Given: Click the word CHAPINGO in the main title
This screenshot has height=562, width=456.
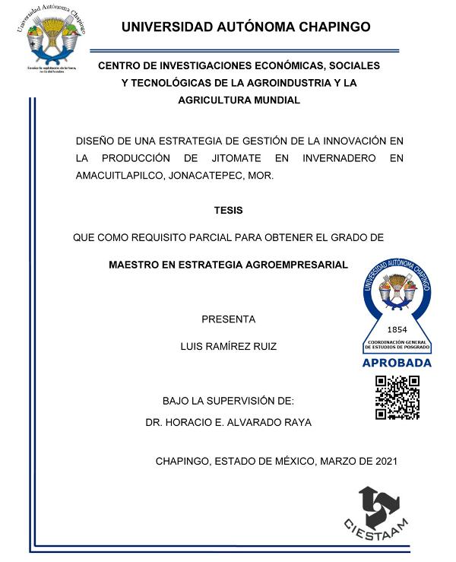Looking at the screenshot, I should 328,27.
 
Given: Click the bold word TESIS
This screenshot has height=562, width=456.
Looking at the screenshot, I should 228,211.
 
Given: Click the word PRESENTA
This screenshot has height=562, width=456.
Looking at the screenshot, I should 228,319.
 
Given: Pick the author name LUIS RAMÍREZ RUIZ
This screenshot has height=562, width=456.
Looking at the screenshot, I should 228,346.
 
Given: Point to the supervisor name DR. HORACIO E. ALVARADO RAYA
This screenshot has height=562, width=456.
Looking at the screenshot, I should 228,421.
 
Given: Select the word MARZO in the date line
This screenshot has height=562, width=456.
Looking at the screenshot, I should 335,461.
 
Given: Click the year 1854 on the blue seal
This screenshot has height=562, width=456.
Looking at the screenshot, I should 397,330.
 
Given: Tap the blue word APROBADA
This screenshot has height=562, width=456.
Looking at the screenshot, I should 397,363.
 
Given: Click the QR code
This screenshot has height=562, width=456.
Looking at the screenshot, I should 397,397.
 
